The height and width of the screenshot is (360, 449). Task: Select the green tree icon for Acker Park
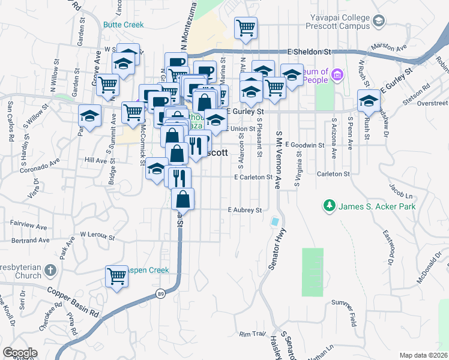pos(329,207)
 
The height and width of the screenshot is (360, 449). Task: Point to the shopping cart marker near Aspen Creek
pos(116,276)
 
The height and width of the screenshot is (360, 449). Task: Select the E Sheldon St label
pos(309,52)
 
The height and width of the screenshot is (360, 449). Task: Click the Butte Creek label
pos(123,25)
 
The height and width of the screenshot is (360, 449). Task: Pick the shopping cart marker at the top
pos(246,28)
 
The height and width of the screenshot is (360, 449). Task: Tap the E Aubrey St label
pos(245,211)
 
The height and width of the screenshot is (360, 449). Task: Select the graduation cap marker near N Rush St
pos(368,100)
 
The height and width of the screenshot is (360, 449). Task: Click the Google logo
pos(20,353)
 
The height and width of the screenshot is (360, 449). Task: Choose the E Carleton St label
pos(253,178)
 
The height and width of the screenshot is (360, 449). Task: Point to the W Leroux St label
pos(97,235)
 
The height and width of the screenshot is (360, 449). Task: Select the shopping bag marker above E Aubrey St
pos(182,199)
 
